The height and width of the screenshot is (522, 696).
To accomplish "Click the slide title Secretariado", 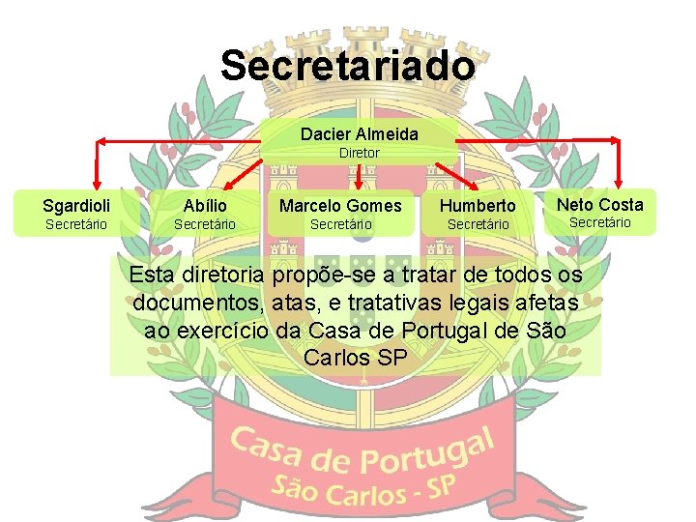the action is (x=348, y=66).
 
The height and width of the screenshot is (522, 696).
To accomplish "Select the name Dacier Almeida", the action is (x=359, y=133).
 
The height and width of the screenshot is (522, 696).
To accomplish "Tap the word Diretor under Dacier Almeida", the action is (x=359, y=153).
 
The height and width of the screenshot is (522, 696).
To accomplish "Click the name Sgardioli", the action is (x=76, y=205).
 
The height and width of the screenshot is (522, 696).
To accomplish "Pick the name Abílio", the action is (x=205, y=205).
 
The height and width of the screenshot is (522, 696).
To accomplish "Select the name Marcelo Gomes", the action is (x=340, y=205).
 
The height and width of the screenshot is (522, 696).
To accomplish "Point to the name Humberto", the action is (x=478, y=206).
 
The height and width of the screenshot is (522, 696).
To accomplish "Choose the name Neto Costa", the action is (x=599, y=204).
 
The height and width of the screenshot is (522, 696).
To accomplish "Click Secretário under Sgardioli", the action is (x=76, y=225).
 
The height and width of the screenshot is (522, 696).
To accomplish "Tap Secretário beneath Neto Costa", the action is (x=599, y=222).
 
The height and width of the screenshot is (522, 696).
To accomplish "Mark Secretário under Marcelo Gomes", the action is (x=340, y=225).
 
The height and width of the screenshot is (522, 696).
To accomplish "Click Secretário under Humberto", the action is (x=478, y=225).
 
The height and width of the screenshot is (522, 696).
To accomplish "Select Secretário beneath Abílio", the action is (x=205, y=225).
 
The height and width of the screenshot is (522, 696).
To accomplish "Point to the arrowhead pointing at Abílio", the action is (x=218, y=189).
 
